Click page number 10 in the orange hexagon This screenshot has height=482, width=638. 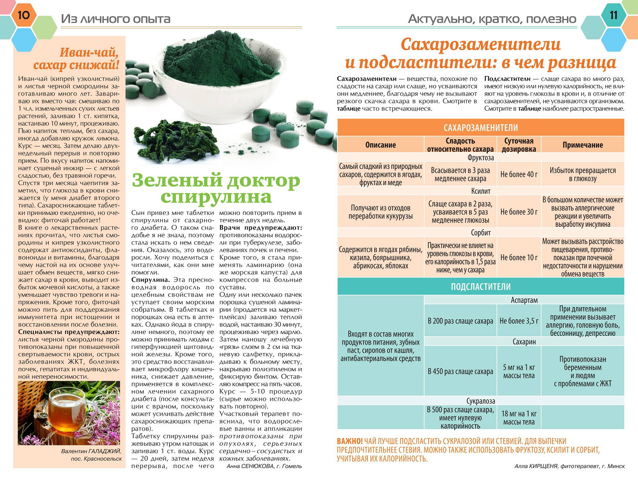point(23,15)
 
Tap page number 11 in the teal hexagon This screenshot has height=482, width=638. point(613,15)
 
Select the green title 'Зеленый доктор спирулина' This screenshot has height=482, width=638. point(216,188)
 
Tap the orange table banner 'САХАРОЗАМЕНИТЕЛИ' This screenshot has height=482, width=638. point(480,128)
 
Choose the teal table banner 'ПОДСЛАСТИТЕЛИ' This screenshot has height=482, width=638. point(480,287)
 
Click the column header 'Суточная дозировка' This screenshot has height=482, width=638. point(519,145)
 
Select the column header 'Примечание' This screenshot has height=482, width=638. point(582,145)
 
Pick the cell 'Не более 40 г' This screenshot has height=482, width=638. point(519,174)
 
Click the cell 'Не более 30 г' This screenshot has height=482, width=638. point(519,212)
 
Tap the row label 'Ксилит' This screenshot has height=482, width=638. point(480,191)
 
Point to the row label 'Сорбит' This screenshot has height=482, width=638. point(480,233)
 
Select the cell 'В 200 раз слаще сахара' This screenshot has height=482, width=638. point(460,321)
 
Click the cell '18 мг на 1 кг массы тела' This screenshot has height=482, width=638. point(519,418)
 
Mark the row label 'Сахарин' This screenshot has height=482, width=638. point(524,342)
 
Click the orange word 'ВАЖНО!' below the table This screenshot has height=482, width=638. point(350,441)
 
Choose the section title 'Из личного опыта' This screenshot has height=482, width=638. point(116,19)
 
